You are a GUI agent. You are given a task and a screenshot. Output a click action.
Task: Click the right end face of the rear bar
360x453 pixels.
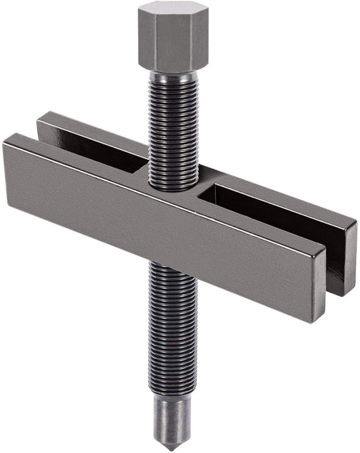tap(350, 249)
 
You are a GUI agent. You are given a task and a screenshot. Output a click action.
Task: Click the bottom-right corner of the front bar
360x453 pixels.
tap(315, 321)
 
